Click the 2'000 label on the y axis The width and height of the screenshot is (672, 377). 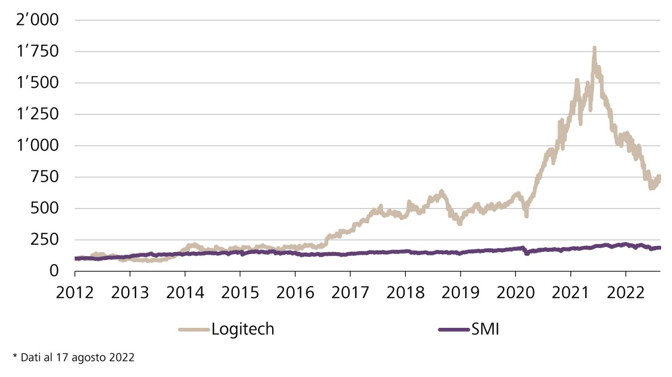click(37, 20)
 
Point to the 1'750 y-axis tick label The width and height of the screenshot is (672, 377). click(37, 51)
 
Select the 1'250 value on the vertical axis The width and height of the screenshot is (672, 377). click(37, 114)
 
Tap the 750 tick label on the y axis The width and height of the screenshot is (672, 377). click(44, 177)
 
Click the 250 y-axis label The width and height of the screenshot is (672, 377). click(44, 240)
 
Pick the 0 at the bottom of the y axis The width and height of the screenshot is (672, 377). click(54, 271)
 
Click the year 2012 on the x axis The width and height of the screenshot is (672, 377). click(75, 292)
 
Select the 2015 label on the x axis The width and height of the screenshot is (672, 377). click(240, 292)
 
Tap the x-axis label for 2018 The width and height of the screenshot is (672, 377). click(405, 292)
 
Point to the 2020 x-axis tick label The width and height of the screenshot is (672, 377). click(516, 292)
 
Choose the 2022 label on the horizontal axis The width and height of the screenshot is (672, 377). click(625, 292)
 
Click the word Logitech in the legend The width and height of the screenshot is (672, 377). click(243, 329)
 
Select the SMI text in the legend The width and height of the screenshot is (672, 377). click(485, 329)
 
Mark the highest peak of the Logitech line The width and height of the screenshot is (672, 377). click(594, 48)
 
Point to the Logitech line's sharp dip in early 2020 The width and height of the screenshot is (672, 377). click(526, 215)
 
